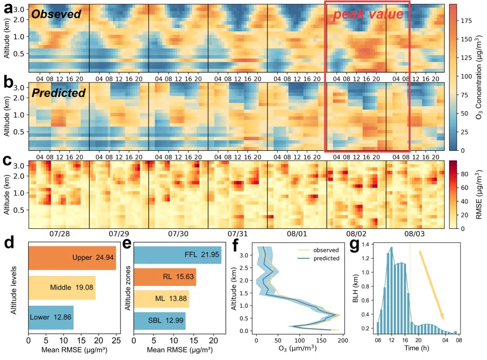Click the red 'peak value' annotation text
368,14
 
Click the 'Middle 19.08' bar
61,287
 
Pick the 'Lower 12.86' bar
50,317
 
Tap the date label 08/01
296,234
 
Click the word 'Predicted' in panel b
59,93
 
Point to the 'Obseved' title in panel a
56,14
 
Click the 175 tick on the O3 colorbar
466,21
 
